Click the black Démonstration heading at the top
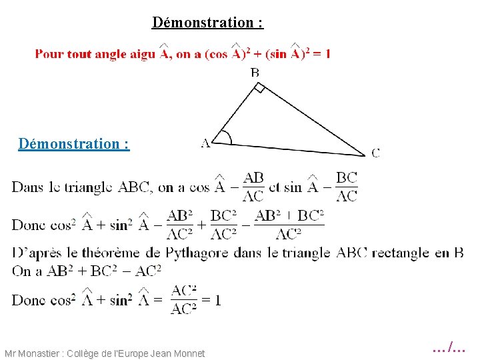click(x=207, y=22)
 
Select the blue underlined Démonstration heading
click(x=74, y=143)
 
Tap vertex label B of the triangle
click(x=255, y=72)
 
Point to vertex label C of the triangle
click(x=375, y=153)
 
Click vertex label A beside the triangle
click(x=205, y=142)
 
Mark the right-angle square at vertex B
click(x=260, y=88)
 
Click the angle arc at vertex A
click(x=226, y=137)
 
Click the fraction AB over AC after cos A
click(x=253, y=187)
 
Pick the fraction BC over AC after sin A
click(x=346, y=187)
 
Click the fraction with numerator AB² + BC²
click(x=289, y=225)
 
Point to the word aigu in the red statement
click(x=141, y=54)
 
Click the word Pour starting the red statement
click(x=48, y=54)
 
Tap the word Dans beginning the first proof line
click(x=27, y=187)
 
